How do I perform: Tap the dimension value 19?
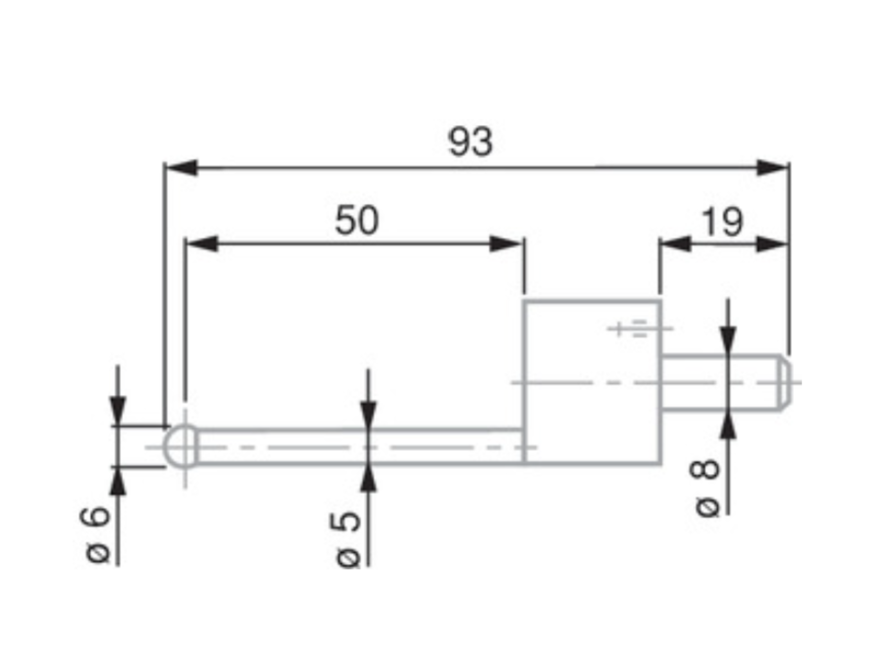click(x=722, y=222)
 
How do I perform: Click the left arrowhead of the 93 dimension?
click(x=182, y=167)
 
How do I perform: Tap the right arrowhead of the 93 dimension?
click(x=772, y=167)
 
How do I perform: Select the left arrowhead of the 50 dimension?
click(x=203, y=244)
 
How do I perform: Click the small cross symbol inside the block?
click(x=618, y=329)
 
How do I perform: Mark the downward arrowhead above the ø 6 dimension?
click(x=118, y=411)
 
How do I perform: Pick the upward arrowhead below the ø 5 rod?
click(x=368, y=479)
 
